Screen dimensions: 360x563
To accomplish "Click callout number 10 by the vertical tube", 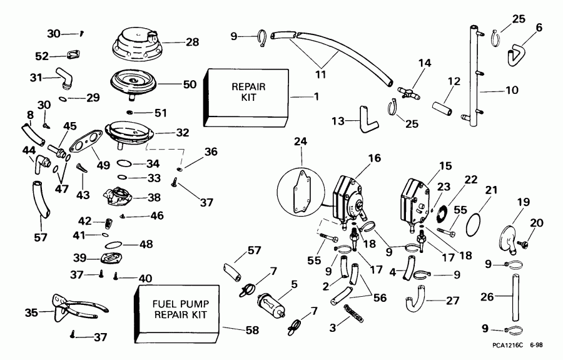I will point(512,90).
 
